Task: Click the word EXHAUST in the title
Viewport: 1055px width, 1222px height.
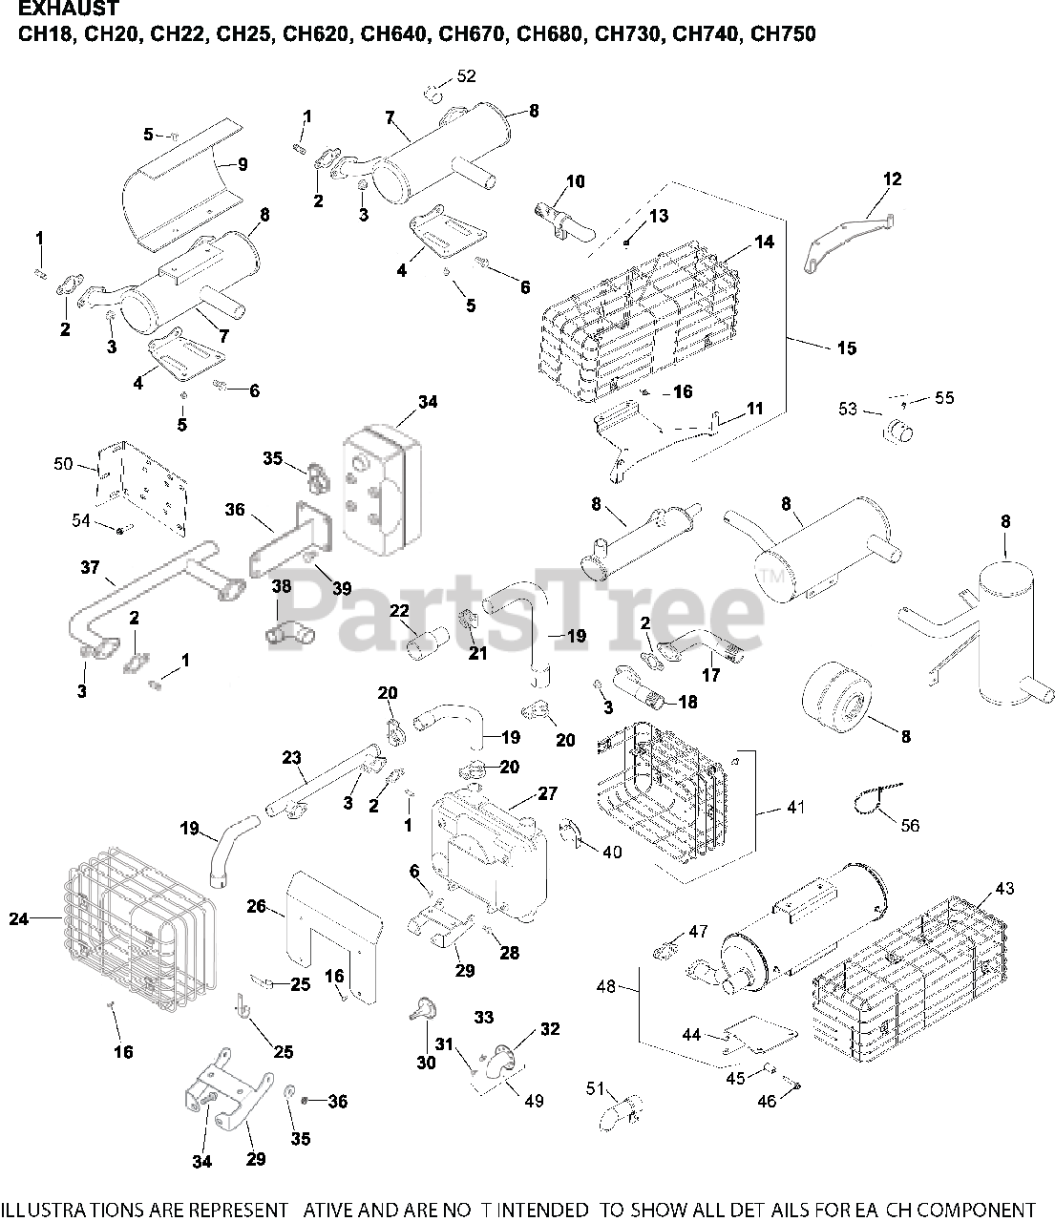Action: (x=65, y=11)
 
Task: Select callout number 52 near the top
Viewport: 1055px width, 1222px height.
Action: (x=466, y=76)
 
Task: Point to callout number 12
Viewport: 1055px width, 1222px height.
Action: (x=892, y=179)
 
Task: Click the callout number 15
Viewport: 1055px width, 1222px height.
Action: (x=846, y=348)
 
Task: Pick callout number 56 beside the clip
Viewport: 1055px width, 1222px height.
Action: (x=910, y=825)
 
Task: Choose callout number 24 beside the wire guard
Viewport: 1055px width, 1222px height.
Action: (x=19, y=919)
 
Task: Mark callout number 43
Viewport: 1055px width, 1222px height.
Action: (x=1004, y=888)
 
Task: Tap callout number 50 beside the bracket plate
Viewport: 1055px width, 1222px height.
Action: (x=63, y=464)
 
